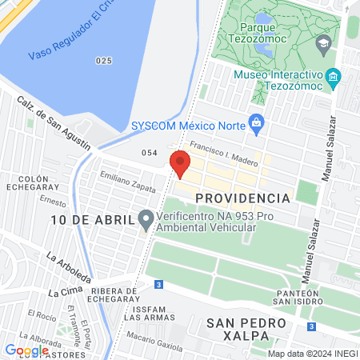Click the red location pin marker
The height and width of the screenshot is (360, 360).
coord(180,162)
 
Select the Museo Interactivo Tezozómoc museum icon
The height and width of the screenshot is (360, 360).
coord(334,78)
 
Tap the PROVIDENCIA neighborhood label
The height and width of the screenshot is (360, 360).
coord(242,198)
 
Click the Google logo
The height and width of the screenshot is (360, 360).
coord(26,350)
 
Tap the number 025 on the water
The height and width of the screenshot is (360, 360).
coord(102,60)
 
